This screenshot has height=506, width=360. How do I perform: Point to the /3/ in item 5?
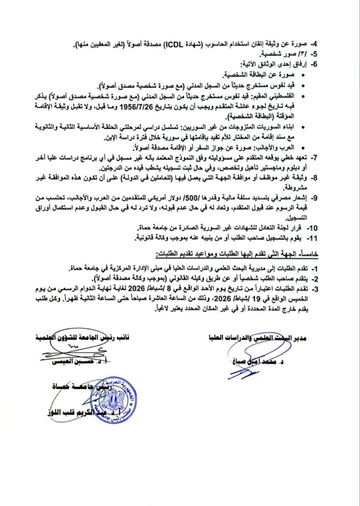click(x=307, y=54)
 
